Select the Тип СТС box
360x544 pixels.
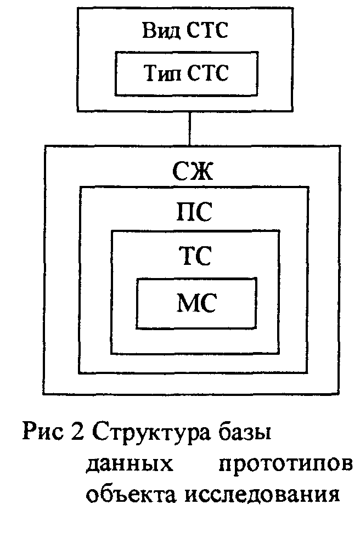pyautogui.click(x=185, y=73)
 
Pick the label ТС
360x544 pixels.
pyautogui.click(x=195, y=256)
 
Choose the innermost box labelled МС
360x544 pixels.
pyautogui.click(x=196, y=303)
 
